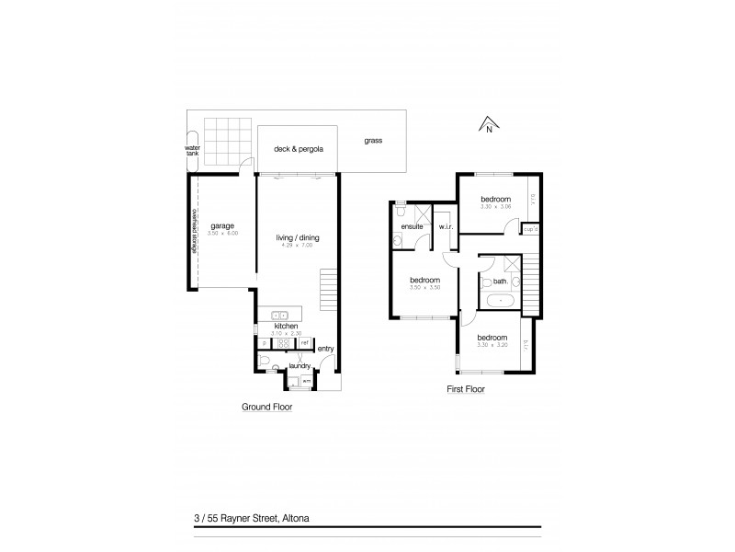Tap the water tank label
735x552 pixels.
pyautogui.click(x=192, y=151)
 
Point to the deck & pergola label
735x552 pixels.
pyautogui.click(x=297, y=147)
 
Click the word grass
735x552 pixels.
pyautogui.click(x=372, y=141)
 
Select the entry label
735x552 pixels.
pyautogui.click(x=325, y=349)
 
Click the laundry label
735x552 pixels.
pyautogui.click(x=300, y=366)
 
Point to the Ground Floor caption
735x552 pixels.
pyautogui.click(x=266, y=407)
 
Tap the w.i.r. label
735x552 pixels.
pyautogui.click(x=445, y=226)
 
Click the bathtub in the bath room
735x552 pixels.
pyautogui.click(x=501, y=300)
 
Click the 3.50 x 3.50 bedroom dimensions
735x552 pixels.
pyautogui.click(x=424, y=287)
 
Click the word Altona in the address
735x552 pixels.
pyautogui.click(x=293, y=519)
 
